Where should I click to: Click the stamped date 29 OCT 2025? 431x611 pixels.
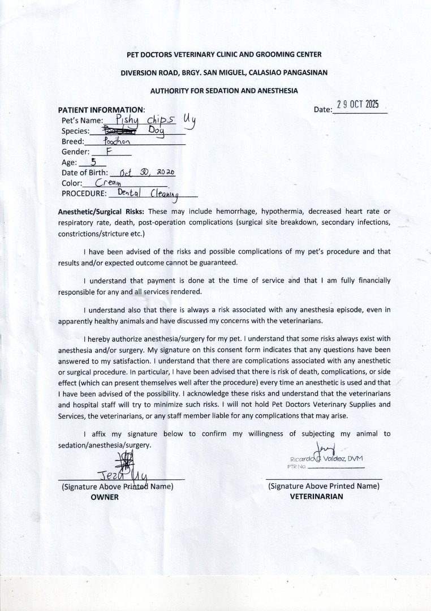(x=357, y=105)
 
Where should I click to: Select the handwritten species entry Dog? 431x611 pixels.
(x=156, y=131)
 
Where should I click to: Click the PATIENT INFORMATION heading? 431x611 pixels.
(x=102, y=110)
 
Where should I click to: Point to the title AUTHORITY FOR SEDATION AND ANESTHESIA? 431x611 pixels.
(x=223, y=91)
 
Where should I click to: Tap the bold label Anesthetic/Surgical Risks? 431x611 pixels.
(x=102, y=212)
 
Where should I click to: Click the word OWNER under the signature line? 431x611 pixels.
(x=105, y=497)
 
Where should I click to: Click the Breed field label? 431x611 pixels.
(x=73, y=141)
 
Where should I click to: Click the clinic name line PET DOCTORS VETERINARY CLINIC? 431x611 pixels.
(x=223, y=54)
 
